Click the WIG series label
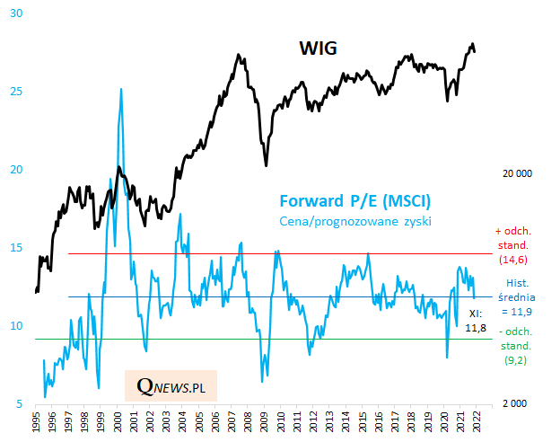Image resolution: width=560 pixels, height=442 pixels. [318, 48]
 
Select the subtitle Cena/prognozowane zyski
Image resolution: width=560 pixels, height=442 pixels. [356, 221]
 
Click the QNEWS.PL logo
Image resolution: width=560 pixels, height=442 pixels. [171, 386]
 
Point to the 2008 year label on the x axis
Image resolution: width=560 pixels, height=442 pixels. [248, 424]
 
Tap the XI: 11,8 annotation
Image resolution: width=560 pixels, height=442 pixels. [477, 321]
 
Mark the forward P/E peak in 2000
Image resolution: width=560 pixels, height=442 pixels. [120, 89]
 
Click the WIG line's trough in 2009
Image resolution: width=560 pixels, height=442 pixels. [266, 165]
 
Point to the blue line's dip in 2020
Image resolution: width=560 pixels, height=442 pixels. [447, 357]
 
